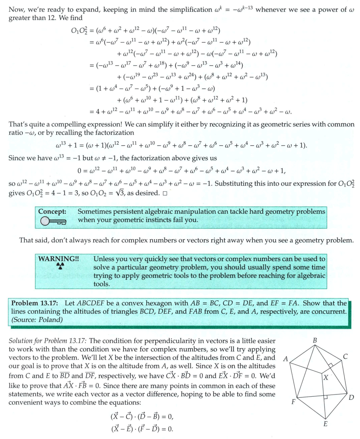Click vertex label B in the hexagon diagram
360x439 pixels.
click(315, 340)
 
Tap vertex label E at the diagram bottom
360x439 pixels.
click(325, 424)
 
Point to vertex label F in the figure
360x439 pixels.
click(293, 402)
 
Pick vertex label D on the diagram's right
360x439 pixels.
click(351, 398)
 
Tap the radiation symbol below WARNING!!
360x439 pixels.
click(60, 266)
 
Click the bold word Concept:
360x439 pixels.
click(52, 211)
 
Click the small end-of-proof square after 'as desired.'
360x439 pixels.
click(165, 195)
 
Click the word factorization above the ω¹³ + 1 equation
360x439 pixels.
click(115, 133)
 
